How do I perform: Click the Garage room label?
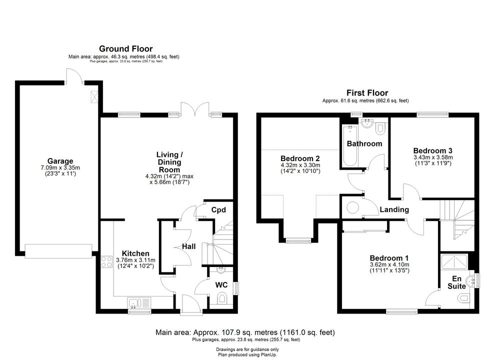[x=60, y=161]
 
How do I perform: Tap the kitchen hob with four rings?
[x=106, y=261]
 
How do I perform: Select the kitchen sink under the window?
[x=139, y=303]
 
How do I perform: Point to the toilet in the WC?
[x=222, y=298]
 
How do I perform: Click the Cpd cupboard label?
[x=218, y=210]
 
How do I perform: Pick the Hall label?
[x=189, y=246]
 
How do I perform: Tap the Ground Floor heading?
[x=125, y=48]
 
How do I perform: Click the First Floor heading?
[x=367, y=93]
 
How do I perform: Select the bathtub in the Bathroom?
[x=350, y=145]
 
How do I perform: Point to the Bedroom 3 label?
[x=432, y=150]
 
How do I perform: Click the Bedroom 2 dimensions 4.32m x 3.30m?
[x=300, y=165]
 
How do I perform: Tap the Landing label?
[x=394, y=209]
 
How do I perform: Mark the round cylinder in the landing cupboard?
[x=352, y=207]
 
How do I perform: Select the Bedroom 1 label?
[x=389, y=258]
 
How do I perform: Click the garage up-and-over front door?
[x=58, y=251]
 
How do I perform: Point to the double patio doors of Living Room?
[x=195, y=109]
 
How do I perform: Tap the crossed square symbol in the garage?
[x=94, y=96]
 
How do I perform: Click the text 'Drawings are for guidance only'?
[x=247, y=349]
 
